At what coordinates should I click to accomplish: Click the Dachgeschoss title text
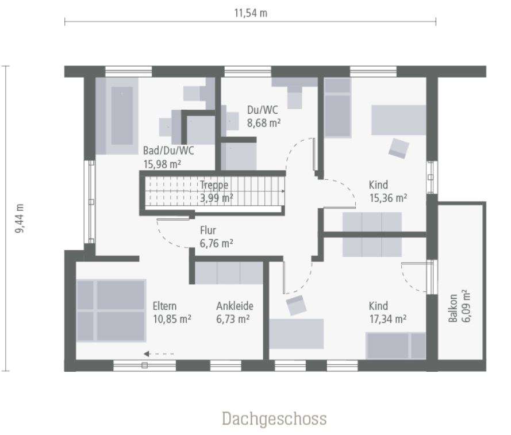tap(274, 418)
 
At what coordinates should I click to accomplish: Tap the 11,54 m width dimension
tap(251, 13)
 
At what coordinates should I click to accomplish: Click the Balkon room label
tap(454, 309)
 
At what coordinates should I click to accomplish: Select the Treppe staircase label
tap(214, 185)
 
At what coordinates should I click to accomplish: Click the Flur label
tap(208, 230)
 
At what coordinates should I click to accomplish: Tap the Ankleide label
tap(235, 306)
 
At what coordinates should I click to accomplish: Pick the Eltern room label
tap(164, 306)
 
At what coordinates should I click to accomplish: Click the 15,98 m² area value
tap(162, 163)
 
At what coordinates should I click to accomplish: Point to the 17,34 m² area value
tap(388, 318)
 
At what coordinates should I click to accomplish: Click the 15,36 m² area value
tap(388, 197)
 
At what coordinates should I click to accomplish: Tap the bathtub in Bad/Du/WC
tap(121, 116)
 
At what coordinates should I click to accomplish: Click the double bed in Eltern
tap(111, 310)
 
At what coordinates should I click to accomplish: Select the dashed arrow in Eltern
tap(159, 354)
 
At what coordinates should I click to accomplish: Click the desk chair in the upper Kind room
tap(398, 148)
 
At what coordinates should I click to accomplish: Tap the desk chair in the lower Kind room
tap(297, 305)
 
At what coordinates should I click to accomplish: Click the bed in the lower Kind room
tap(395, 345)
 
